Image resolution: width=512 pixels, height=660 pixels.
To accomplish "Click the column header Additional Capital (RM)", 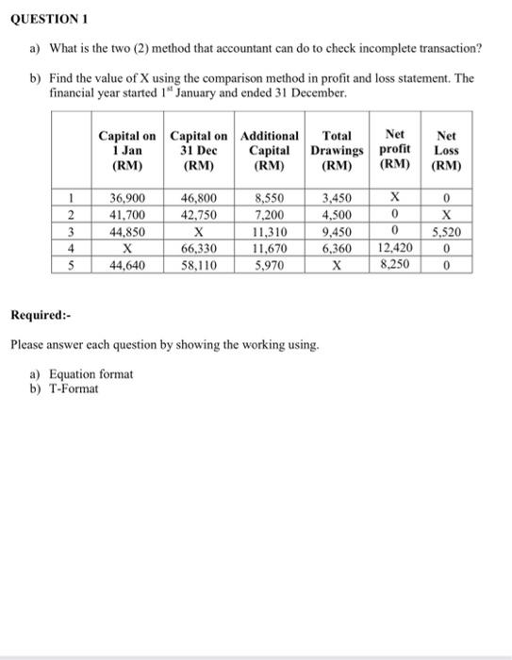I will pyautogui.click(x=273, y=151).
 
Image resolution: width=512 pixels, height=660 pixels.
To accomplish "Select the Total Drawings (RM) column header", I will pyautogui.click(x=337, y=151).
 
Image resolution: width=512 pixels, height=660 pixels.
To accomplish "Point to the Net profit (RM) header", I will pyautogui.click(x=396, y=151).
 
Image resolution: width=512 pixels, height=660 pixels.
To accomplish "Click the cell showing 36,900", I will pyautogui.click(x=127, y=199).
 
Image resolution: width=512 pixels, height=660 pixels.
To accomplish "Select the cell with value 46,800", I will pyautogui.click(x=199, y=199).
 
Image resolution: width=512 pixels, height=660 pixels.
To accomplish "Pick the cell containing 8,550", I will pyautogui.click(x=273, y=199).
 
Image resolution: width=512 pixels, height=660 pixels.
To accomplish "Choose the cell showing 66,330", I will pyautogui.click(x=199, y=249).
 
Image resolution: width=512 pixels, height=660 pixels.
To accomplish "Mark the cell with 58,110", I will pyautogui.click(x=199, y=266).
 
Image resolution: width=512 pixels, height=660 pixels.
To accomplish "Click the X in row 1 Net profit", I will pyautogui.click(x=396, y=199).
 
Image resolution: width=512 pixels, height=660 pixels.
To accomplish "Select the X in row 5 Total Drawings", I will pyautogui.click(x=337, y=266).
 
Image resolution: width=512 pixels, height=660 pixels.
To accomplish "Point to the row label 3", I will pyautogui.click(x=71, y=232).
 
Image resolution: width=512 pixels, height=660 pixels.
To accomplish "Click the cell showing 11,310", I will pyautogui.click(x=273, y=232).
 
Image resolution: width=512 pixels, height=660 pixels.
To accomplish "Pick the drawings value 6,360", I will pyautogui.click(x=337, y=249).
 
